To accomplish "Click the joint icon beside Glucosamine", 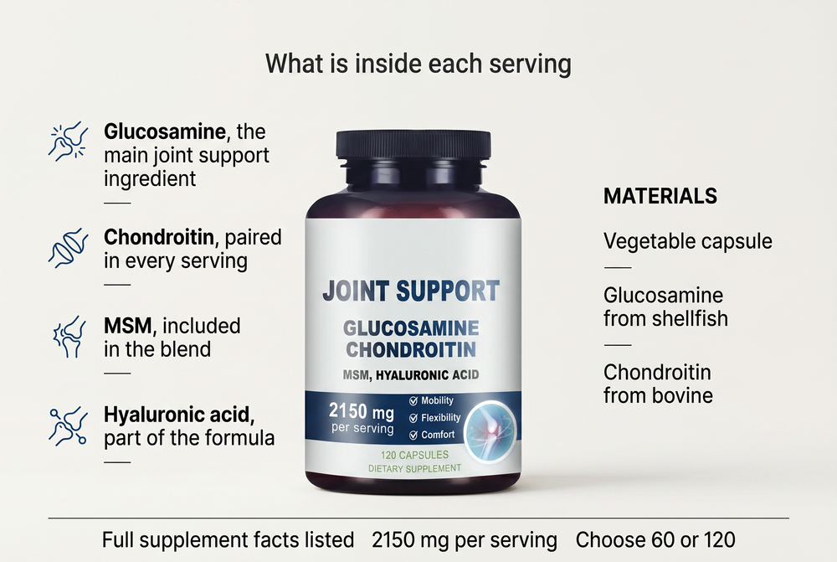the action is [69, 141].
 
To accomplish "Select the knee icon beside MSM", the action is [69, 337].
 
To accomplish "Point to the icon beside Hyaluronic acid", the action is [69, 425].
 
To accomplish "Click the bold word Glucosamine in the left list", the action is [164, 131].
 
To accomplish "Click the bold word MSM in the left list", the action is [127, 325].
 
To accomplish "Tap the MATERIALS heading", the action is [660, 196].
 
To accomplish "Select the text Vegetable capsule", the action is [687, 241].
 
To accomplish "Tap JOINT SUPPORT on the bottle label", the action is [411, 291].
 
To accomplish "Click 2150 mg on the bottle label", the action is [362, 411].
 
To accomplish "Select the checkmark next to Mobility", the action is [413, 401].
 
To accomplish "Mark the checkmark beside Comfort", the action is [413, 436].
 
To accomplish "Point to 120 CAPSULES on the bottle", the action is [414, 455].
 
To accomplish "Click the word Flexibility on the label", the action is [441, 418].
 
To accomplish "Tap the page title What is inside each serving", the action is [418, 64].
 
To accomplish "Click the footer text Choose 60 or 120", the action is [655, 540].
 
